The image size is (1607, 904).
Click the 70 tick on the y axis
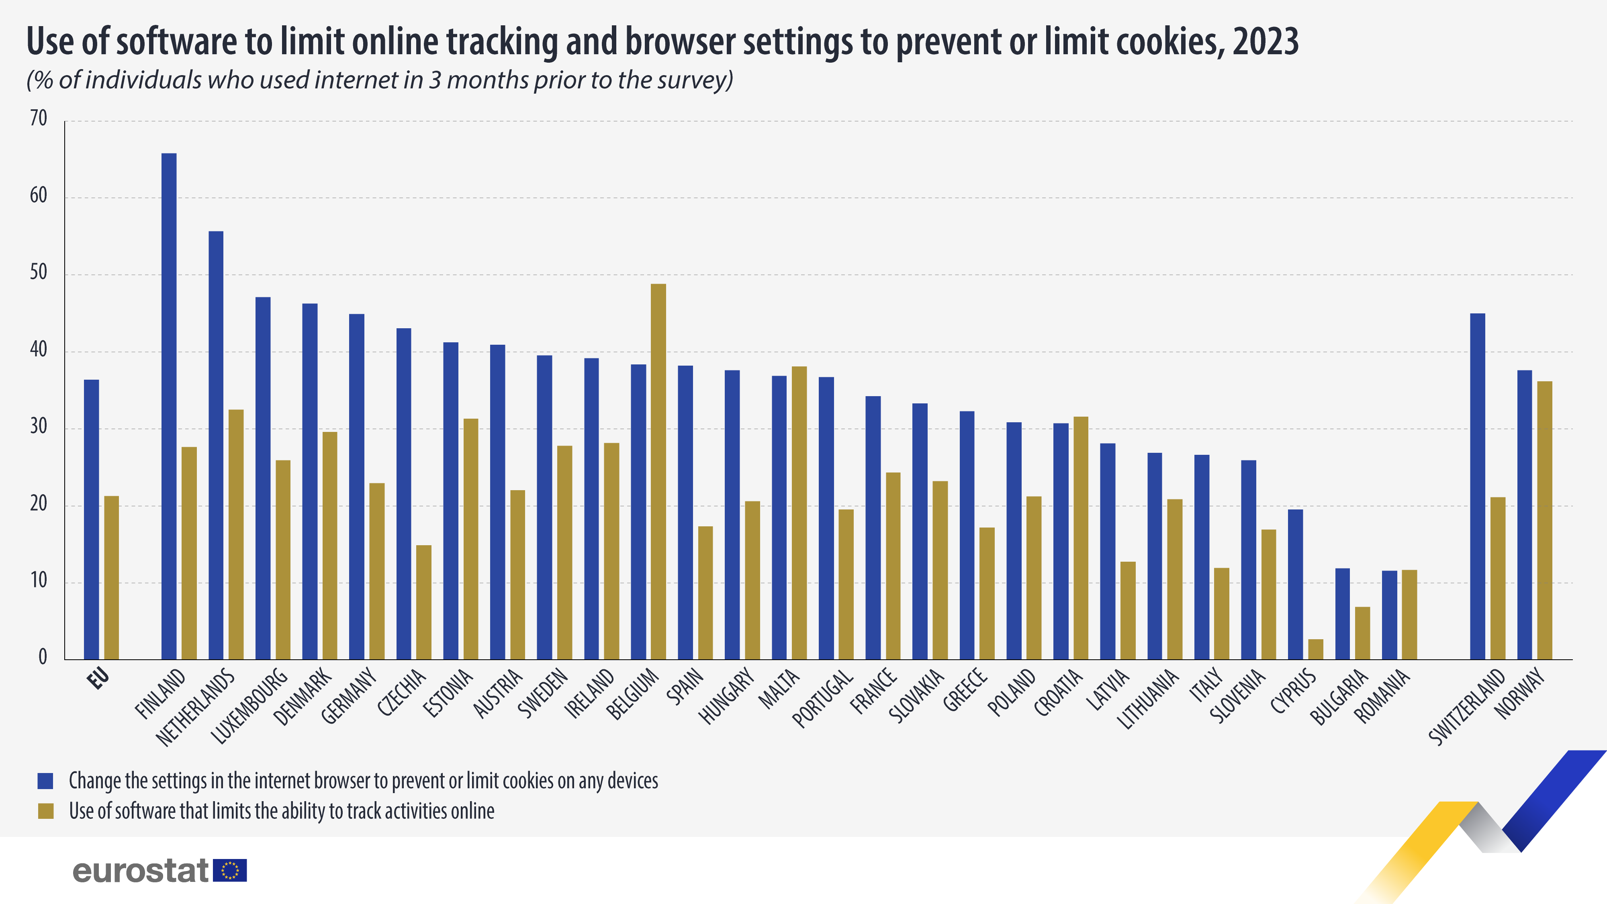39,119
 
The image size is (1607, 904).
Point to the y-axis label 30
39,427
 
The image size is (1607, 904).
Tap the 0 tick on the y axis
43,657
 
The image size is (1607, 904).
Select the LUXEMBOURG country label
249,706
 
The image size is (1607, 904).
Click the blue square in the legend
45,781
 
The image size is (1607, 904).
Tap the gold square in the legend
45,811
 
